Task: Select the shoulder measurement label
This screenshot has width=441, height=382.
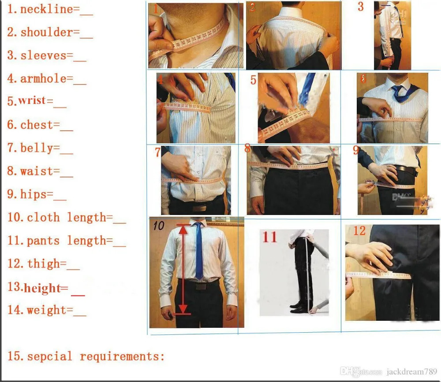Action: pos(46,32)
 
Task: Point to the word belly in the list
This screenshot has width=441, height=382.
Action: pos(37,148)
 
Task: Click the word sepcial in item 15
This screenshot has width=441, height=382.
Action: pos(49,356)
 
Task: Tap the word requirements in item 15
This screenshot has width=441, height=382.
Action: pos(122,356)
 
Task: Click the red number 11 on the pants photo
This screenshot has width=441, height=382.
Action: pos(269,237)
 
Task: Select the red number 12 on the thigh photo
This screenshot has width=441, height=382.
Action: pos(359,230)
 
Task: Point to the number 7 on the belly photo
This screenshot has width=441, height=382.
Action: pos(157,152)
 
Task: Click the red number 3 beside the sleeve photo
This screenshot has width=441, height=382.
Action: pos(361,7)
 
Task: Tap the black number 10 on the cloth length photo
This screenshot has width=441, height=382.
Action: pos(158,226)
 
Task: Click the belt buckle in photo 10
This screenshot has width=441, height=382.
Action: pos(201,286)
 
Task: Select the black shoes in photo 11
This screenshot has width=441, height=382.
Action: pos(301,307)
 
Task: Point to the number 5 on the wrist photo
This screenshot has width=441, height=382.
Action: pos(253,81)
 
